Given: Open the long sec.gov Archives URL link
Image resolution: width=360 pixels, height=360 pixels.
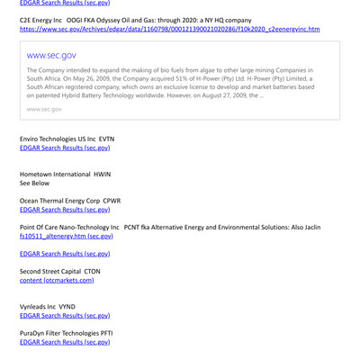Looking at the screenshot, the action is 169,29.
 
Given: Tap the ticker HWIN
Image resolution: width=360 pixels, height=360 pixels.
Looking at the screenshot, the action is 103,174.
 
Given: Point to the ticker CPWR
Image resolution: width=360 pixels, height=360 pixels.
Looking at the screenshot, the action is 112,201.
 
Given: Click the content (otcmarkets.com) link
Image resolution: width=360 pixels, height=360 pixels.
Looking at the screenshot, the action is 57,280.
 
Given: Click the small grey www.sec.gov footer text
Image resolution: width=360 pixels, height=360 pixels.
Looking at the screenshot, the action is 44,109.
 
